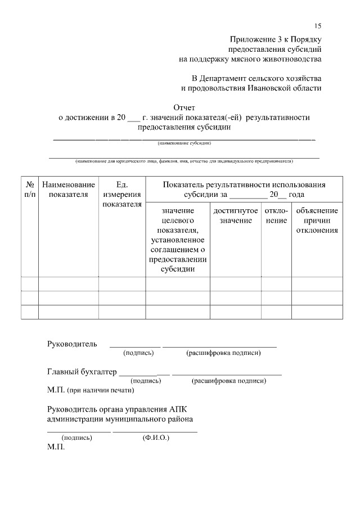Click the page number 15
[318, 26]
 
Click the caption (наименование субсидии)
[184, 143]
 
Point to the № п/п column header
[30, 189]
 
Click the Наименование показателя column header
[69, 189]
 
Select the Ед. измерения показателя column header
[122, 194]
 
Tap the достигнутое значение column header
[235, 215]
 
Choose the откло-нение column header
[276, 215]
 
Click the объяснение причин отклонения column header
[317, 220]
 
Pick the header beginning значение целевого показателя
[178, 240]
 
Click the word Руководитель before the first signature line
[72, 344]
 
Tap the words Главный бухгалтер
[82, 372]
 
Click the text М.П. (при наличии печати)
[91, 389]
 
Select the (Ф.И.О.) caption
[156, 437]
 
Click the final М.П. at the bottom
[56, 448]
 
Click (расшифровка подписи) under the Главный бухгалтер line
[229, 381]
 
